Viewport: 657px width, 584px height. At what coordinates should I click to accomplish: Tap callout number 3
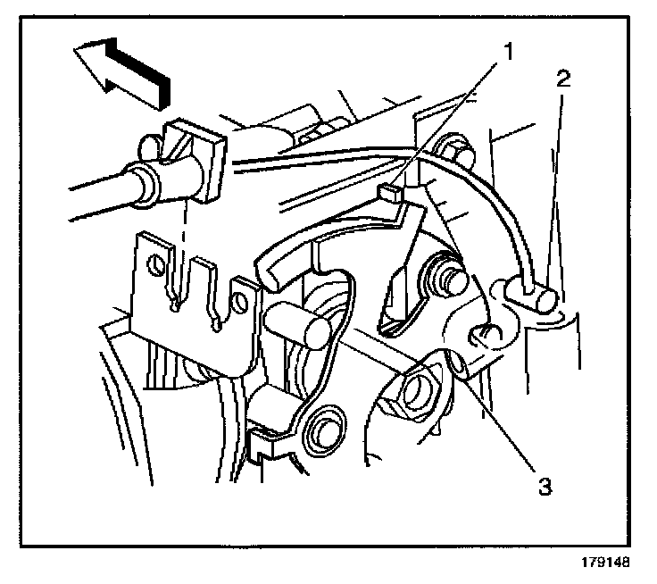tap(545, 488)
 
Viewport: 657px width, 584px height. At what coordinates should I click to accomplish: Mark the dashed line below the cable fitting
tap(181, 241)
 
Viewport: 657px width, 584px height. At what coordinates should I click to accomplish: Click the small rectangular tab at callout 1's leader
tap(389, 189)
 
